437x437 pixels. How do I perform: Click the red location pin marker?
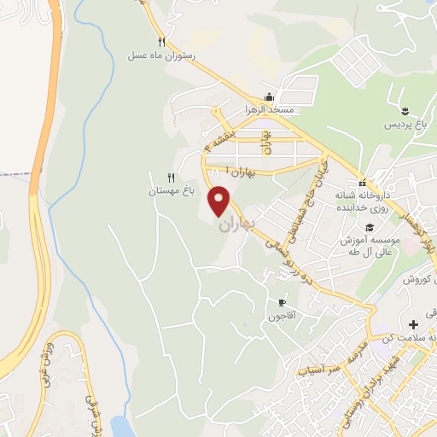(x=220, y=200)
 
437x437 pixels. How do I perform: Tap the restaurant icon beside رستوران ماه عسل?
(x=161, y=42)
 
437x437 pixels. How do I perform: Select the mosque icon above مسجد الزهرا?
(x=270, y=97)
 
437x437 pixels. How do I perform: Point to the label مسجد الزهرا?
(x=270, y=110)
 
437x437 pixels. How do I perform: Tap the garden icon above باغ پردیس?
(x=405, y=111)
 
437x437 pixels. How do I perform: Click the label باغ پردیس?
(x=405, y=125)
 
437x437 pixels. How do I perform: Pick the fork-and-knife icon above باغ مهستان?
(x=171, y=178)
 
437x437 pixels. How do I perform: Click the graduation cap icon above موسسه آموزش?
(x=369, y=227)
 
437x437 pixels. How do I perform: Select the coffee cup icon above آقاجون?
(x=283, y=303)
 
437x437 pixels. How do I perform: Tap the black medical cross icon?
(x=414, y=324)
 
